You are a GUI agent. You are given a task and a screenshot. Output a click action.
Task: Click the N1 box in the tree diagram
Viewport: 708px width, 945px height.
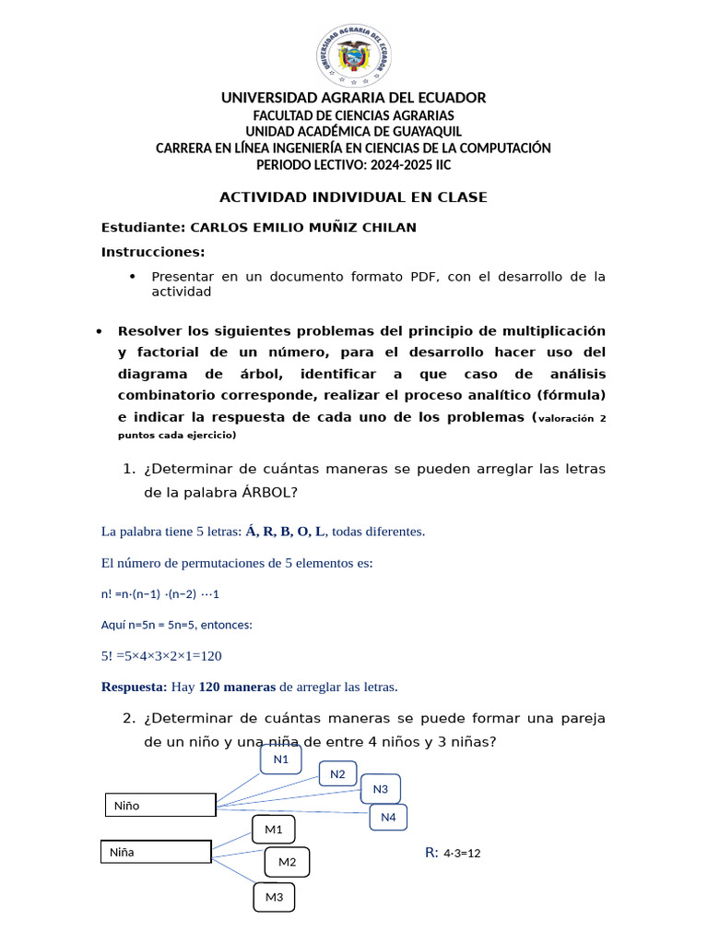point(281,760)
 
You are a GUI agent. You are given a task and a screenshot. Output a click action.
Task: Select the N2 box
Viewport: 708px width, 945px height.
point(337,774)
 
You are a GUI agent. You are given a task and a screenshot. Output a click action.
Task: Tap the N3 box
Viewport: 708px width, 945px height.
point(381,789)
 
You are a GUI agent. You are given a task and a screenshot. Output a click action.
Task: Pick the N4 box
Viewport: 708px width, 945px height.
point(388,817)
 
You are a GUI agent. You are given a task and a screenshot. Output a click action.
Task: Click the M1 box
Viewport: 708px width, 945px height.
point(274,830)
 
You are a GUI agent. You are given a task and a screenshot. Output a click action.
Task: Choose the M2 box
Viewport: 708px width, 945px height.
point(287,862)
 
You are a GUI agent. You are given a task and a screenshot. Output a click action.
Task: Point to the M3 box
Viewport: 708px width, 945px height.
point(274,897)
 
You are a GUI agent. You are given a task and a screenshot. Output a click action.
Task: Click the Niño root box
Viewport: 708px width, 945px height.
point(160,806)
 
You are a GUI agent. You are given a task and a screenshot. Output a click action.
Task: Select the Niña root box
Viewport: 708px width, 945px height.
point(156,852)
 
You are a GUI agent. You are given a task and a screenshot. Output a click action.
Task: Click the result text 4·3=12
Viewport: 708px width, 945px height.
point(462,854)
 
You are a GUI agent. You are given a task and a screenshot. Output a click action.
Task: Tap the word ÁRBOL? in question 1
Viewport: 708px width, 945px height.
point(269,492)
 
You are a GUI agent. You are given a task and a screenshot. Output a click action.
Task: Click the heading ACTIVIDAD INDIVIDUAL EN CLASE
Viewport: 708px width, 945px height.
point(353,197)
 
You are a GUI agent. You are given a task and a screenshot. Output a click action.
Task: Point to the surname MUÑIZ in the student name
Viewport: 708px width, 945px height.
point(343,227)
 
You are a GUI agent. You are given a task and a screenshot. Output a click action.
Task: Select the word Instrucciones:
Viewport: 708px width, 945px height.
point(153,252)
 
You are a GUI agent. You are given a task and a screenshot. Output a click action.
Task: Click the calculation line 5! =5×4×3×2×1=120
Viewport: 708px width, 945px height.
point(161,656)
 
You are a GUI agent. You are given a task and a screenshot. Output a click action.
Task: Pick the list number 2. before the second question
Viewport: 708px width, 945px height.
point(129,718)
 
